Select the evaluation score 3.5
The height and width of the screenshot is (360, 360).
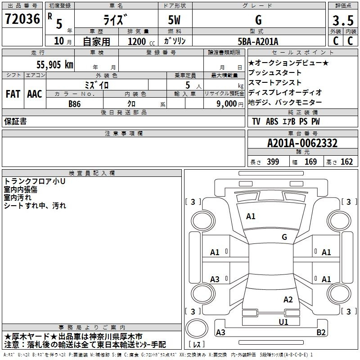(342, 21)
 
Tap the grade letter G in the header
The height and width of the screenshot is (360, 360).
(258, 20)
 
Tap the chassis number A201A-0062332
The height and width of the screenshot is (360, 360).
(302, 143)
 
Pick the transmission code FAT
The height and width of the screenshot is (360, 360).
(13, 94)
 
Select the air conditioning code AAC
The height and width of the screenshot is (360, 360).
(34, 94)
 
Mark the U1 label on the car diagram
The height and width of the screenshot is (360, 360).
(283, 322)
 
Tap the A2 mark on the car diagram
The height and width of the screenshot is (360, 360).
(288, 300)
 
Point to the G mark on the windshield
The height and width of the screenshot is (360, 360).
(284, 237)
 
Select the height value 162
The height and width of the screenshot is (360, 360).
(346, 162)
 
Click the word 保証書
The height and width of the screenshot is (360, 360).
(15, 121)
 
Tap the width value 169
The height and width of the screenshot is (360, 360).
(310, 162)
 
